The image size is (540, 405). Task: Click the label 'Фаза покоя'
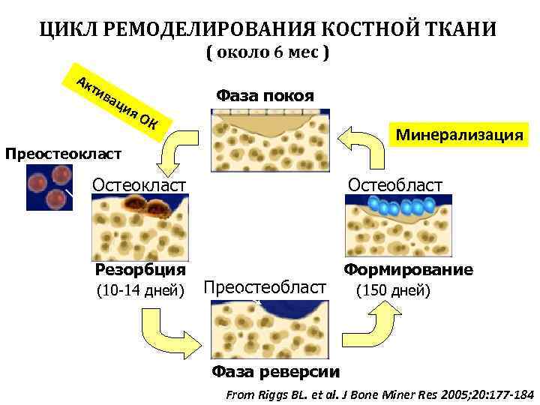265,96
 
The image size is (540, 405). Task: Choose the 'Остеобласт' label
394,184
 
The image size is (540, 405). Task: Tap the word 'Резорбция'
141,270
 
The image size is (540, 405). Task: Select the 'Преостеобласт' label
266,288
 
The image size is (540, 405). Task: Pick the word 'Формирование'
409,270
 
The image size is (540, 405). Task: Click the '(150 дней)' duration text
392,290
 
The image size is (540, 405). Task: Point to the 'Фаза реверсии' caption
275,371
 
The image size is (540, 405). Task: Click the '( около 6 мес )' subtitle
268,54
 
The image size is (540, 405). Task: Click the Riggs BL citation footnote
379,393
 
